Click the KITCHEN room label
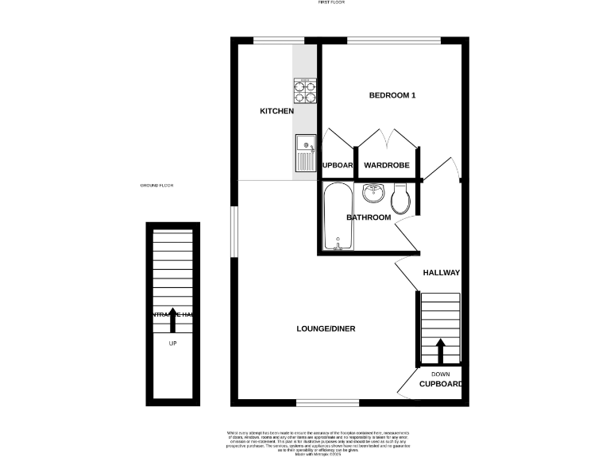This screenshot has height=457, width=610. (277, 111)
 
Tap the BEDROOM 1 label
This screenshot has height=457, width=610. (392, 95)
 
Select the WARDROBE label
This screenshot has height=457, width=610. (386, 165)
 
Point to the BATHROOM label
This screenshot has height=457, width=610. (369, 217)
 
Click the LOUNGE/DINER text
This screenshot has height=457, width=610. (326, 328)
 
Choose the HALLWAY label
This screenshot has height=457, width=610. (441, 272)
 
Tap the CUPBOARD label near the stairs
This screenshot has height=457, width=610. (441, 384)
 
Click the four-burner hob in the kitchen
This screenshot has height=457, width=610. (305, 91)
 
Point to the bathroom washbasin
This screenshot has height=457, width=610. (374, 193)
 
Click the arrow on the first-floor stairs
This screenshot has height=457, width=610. (440, 348)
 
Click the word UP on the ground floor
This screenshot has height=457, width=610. (172, 344)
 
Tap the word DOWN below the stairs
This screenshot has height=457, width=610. (440, 374)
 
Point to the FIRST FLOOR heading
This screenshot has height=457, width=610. (328, 3)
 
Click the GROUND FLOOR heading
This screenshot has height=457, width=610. (156, 185)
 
